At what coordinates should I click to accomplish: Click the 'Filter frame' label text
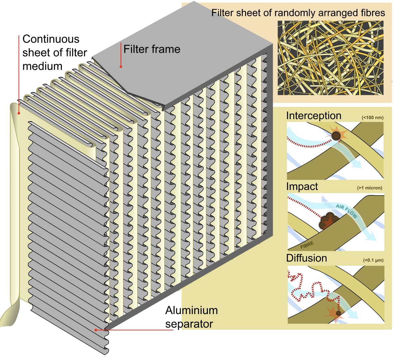(x=152, y=49)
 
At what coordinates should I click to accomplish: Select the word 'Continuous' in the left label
(x=51, y=39)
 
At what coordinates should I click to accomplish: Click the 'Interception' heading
(x=314, y=115)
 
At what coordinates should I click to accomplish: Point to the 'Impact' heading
(x=302, y=186)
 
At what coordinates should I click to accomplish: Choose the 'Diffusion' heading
(x=306, y=258)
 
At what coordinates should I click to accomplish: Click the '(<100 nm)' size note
(x=372, y=117)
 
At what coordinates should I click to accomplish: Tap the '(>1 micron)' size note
(x=370, y=188)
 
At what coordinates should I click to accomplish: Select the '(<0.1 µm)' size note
(x=373, y=260)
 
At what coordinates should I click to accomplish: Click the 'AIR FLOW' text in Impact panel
(x=346, y=211)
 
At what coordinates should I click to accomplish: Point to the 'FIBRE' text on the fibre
(x=307, y=246)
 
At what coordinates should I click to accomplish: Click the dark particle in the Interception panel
(x=336, y=136)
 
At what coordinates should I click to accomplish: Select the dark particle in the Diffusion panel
(x=339, y=313)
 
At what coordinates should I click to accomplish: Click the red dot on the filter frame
(x=121, y=67)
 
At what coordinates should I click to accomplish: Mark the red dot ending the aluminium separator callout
(x=96, y=330)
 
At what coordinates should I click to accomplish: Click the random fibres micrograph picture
(x=330, y=58)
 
